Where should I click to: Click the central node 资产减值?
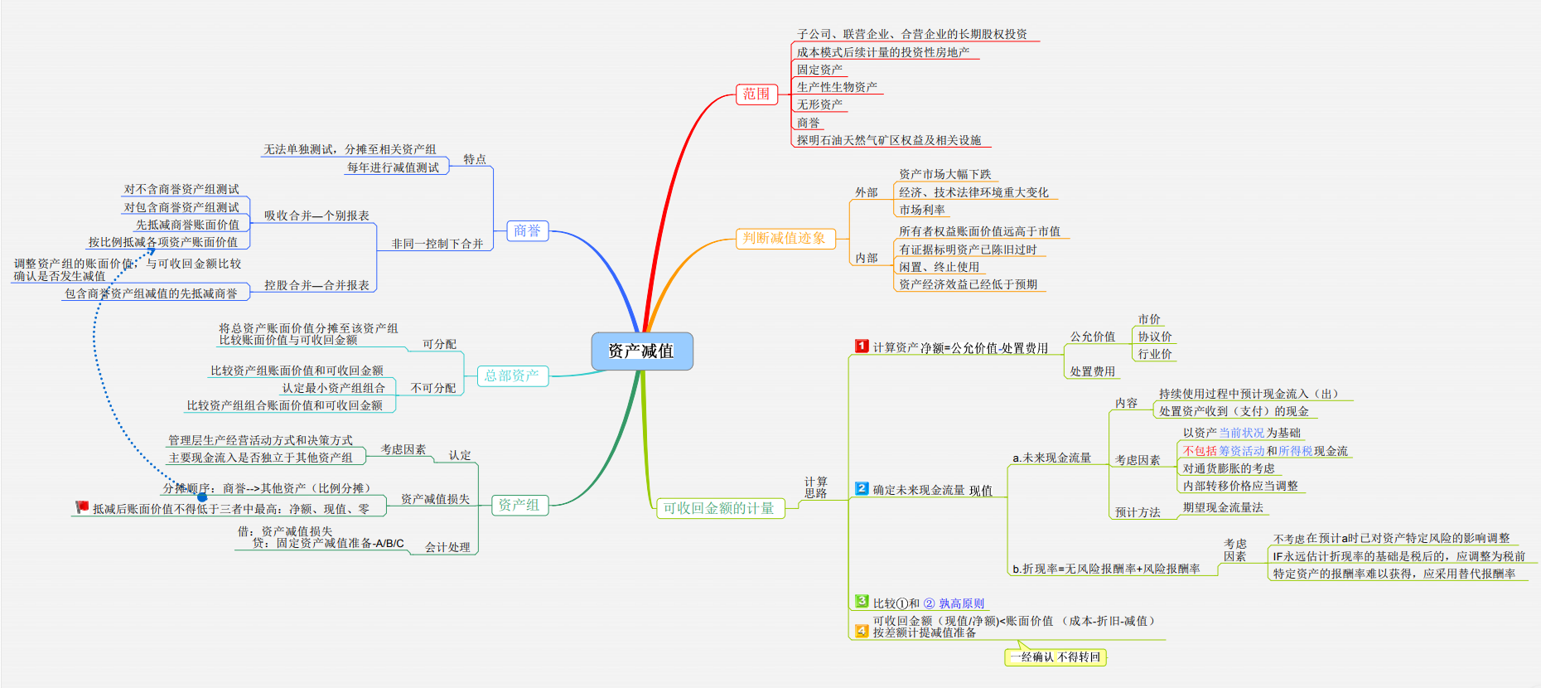pyautogui.click(x=641, y=351)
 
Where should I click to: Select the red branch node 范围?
pyautogui.click(x=756, y=94)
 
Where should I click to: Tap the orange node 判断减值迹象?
pyautogui.click(x=784, y=239)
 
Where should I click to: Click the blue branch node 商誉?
pyautogui.click(x=527, y=230)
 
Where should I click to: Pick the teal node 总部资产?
pyautogui.click(x=512, y=375)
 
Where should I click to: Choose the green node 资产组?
pyautogui.click(x=519, y=505)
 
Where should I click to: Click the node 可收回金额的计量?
pyautogui.click(x=718, y=508)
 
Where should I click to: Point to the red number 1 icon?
pyautogui.click(x=862, y=346)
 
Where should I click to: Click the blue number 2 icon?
pyautogui.click(x=862, y=488)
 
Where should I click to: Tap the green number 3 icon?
pyautogui.click(x=862, y=601)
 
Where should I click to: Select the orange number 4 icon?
pyautogui.click(x=862, y=631)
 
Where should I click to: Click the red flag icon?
pyautogui.click(x=81, y=506)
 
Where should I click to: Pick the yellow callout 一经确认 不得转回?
pyautogui.click(x=1055, y=657)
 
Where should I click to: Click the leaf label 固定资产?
pyautogui.click(x=819, y=70)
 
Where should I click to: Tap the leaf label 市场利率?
pyautogui.click(x=922, y=210)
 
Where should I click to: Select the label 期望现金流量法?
pyautogui.click(x=1223, y=507)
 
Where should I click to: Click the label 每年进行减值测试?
pyautogui.click(x=393, y=167)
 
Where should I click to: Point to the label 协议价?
pyautogui.click(x=1155, y=337)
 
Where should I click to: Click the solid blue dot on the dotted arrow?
pyautogui.click(x=202, y=497)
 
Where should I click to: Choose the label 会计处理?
pyautogui.click(x=447, y=547)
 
